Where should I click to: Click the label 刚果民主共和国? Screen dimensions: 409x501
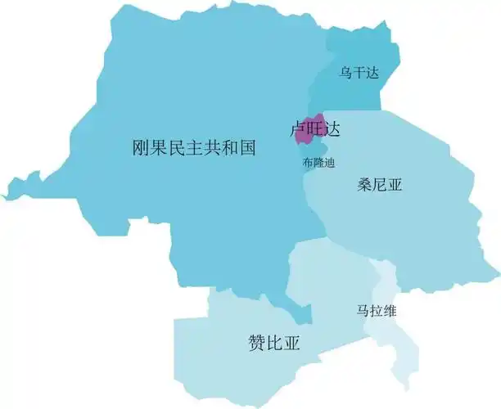tap(194, 148)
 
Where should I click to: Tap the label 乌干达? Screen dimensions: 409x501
tap(360, 73)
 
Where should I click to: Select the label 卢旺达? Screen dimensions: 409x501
tap(315, 129)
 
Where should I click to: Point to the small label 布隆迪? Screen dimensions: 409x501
tap(318, 162)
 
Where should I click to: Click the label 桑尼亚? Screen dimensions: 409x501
tap(381, 185)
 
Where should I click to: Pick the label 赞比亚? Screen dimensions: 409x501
tap(274, 343)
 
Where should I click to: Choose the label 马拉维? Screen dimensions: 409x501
tap(377, 312)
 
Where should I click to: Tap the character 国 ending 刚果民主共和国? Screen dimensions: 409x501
tap(247, 148)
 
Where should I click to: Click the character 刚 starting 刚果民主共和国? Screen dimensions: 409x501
tap(141, 148)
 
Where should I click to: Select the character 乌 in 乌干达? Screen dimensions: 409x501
tap(347, 73)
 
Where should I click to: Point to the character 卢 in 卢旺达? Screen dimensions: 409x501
tap(300, 129)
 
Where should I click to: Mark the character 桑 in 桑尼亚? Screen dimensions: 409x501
tap(366, 185)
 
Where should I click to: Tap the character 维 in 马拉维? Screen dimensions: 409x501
tap(390, 312)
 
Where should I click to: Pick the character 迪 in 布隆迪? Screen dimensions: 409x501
tap(328, 162)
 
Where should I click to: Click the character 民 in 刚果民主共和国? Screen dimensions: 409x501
tap(176, 148)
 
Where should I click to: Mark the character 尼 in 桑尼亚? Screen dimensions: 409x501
tap(381, 185)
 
